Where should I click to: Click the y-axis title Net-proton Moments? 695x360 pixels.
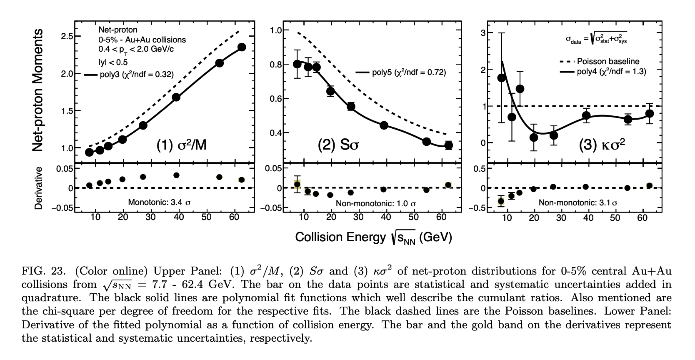(x=38, y=90)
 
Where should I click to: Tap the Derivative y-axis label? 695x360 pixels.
(x=38, y=188)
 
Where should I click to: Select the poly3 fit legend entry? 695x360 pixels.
(x=129, y=75)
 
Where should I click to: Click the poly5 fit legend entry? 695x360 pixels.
(x=400, y=72)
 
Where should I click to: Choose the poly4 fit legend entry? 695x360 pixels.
(x=603, y=72)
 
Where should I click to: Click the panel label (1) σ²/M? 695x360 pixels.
(x=181, y=145)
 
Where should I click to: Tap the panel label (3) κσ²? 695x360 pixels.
(x=602, y=145)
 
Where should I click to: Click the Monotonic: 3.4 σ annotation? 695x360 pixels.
(x=159, y=202)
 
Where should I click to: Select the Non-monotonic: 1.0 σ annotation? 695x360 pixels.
(x=375, y=204)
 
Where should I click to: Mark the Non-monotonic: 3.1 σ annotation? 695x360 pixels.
(x=578, y=202)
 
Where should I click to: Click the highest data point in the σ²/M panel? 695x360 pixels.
(x=242, y=47)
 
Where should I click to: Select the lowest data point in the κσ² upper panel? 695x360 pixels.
(x=534, y=137)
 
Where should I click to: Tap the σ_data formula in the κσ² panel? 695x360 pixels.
(x=596, y=38)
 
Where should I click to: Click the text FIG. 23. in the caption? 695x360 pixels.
(x=43, y=271)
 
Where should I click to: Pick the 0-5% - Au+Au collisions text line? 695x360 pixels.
(x=142, y=40)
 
